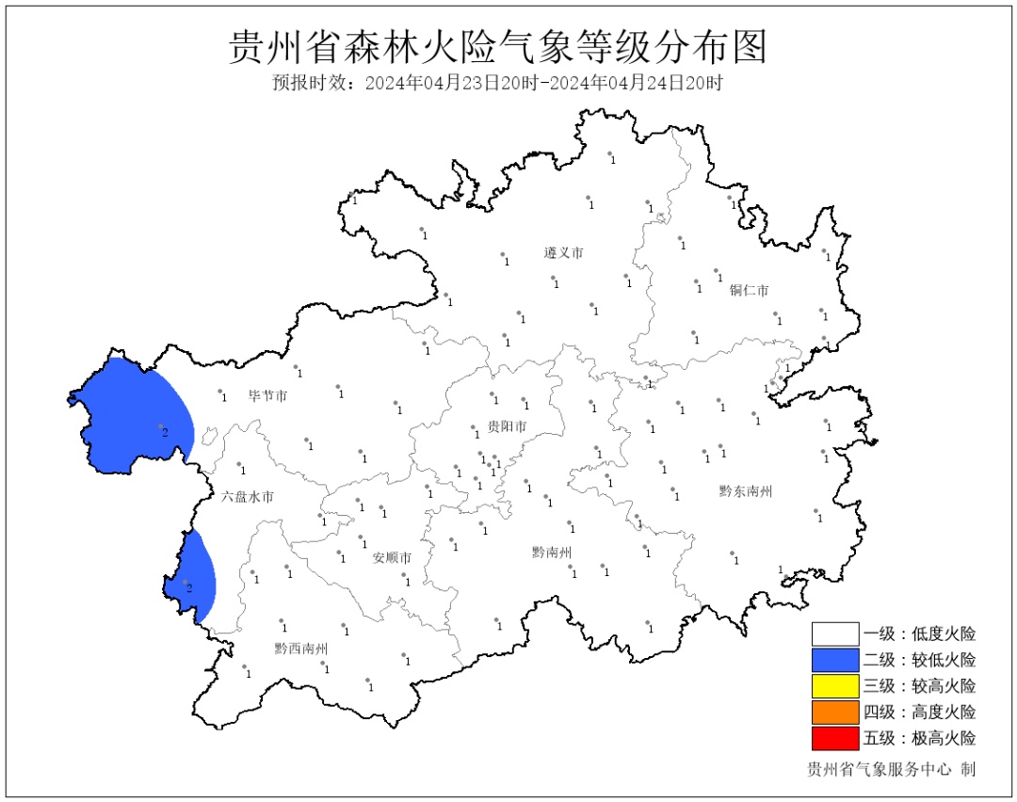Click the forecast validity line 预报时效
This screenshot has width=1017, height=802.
pyautogui.click(x=497, y=83)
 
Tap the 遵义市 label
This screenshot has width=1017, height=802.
pyautogui.click(x=563, y=253)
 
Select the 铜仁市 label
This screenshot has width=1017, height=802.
pyautogui.click(x=749, y=290)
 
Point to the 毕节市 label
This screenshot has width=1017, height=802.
pyautogui.click(x=267, y=396)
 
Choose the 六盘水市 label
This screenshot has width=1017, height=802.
pyautogui.click(x=248, y=496)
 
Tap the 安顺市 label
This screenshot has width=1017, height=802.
pyautogui.click(x=392, y=557)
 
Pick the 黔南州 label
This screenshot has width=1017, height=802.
pyautogui.click(x=551, y=553)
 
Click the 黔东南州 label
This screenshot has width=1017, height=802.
pyautogui.click(x=745, y=490)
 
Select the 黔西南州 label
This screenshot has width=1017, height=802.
pyautogui.click(x=300, y=649)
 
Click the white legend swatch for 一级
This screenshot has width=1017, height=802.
pyautogui.click(x=835, y=634)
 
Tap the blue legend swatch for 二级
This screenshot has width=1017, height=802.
pyautogui.click(x=835, y=660)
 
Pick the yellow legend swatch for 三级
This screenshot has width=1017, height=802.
pyautogui.click(x=835, y=686)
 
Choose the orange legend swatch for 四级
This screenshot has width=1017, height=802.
pyautogui.click(x=835, y=712)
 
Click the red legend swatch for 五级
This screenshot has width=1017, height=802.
pyautogui.click(x=835, y=737)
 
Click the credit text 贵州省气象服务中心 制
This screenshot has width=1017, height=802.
pyautogui.click(x=891, y=770)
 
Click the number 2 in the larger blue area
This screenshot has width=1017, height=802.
pyautogui.click(x=165, y=432)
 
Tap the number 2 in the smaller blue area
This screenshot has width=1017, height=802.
pyautogui.click(x=189, y=588)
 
